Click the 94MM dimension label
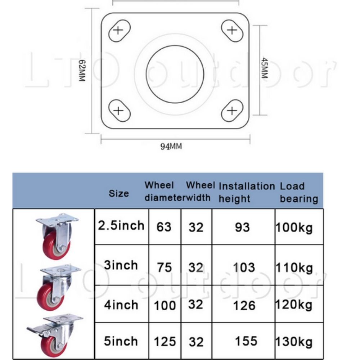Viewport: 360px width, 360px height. click(171, 146)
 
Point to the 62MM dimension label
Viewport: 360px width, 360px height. click(82, 71)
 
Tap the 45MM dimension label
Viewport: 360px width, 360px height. click(265, 68)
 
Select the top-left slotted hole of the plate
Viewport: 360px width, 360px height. click(119, 31)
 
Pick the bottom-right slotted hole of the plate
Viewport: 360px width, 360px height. click(232, 111)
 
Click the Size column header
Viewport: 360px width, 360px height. click(119, 193)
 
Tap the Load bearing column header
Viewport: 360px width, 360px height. click(299, 192)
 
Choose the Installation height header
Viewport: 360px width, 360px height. click(247, 192)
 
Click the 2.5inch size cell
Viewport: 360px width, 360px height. click(121, 225)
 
